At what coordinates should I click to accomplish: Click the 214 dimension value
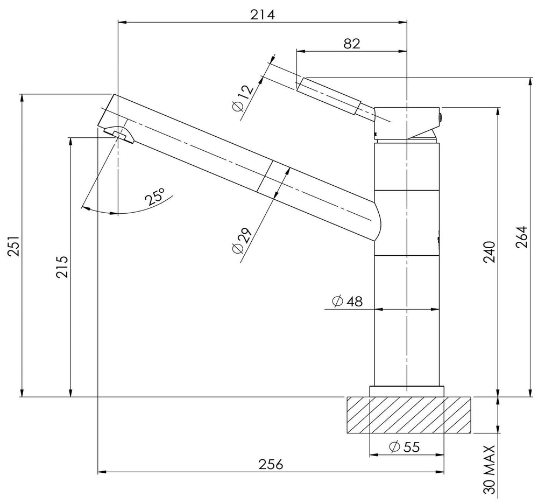click(x=263, y=15)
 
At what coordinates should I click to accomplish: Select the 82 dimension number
click(x=352, y=44)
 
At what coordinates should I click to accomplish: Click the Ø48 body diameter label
click(x=347, y=301)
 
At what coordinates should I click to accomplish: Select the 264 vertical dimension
click(x=521, y=237)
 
